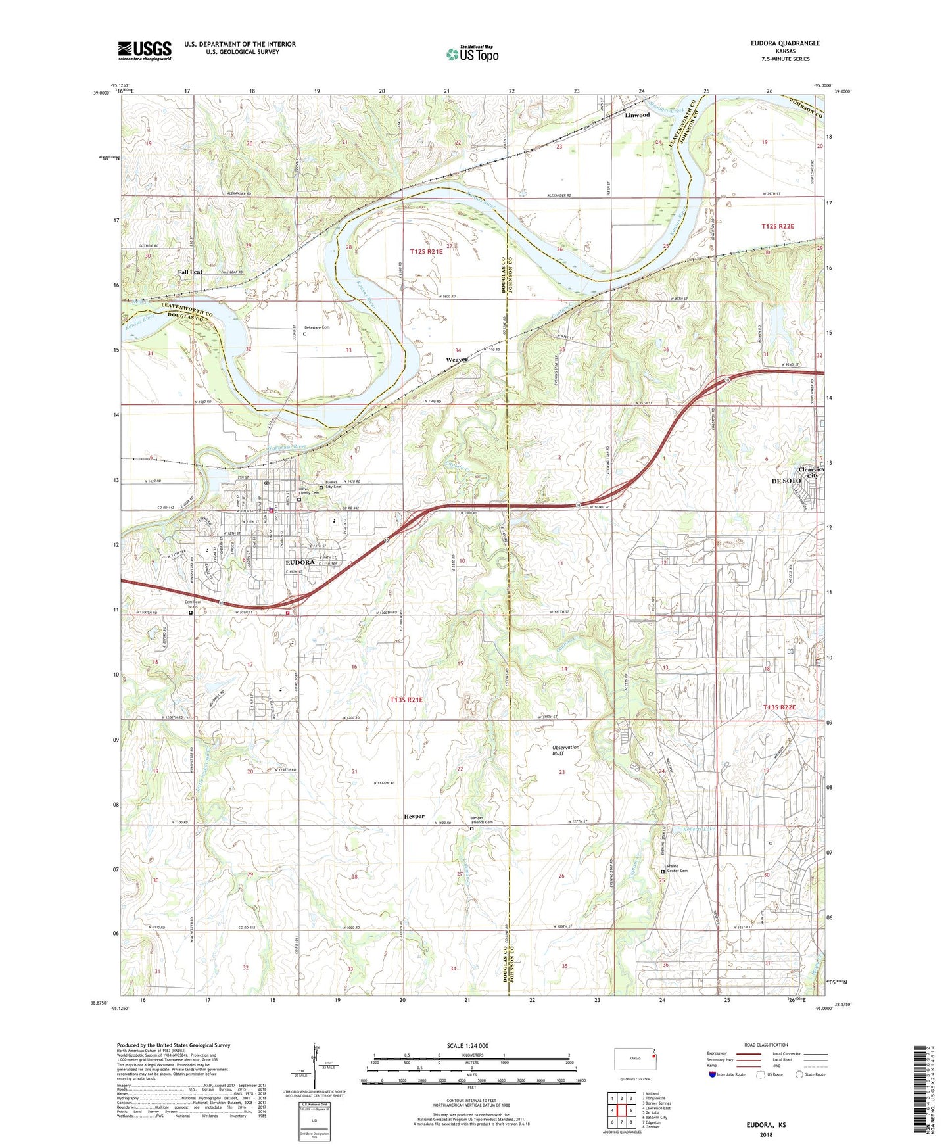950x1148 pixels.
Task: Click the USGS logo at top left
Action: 144,51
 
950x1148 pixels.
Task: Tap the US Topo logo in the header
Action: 472,55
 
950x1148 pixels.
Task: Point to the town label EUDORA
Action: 303,563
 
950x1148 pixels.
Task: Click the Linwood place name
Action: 636,115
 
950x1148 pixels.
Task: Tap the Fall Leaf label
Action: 190,272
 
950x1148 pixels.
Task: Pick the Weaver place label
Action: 456,360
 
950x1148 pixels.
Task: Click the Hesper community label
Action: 414,816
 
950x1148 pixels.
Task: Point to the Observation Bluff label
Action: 565,750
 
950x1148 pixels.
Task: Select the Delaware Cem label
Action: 317,327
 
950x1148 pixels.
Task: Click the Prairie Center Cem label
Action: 677,868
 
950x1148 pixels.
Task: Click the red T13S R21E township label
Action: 406,700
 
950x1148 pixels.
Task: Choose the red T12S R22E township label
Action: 778,226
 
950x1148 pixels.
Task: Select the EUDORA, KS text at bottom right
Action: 766,1125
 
